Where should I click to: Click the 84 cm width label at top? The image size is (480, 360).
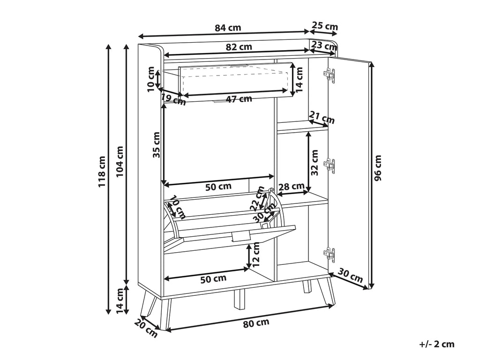[228, 28]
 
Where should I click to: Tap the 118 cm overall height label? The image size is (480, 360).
[102, 172]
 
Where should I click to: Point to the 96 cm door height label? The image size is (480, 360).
[378, 168]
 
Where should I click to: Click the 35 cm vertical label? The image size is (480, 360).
[157, 144]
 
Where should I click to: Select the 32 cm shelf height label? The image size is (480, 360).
[315, 163]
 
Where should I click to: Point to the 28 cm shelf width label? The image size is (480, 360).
[291, 186]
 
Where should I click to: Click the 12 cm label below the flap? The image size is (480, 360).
[256, 253]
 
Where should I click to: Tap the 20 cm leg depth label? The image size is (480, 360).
[146, 328]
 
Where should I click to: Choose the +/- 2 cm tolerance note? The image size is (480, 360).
[436, 344]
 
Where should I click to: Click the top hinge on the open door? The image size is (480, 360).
[330, 75]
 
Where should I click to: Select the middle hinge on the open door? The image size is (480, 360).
[330, 165]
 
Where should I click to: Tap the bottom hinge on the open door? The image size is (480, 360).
[330, 255]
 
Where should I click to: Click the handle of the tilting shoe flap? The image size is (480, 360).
[241, 236]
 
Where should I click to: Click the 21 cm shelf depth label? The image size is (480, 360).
[322, 118]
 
